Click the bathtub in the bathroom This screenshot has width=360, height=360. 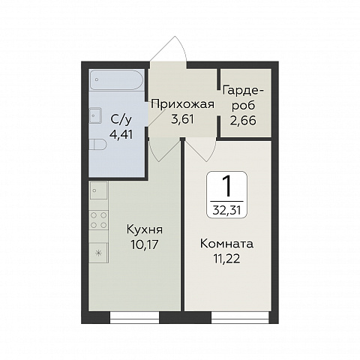[x=116, y=79]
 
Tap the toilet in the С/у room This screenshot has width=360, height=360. [x=97, y=145]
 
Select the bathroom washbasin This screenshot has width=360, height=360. [x=95, y=115]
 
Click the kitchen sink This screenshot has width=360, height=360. [x=99, y=190]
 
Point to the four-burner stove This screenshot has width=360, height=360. [x=99, y=220]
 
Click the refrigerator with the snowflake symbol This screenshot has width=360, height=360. [x=99, y=253]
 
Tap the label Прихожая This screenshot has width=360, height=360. [x=183, y=104]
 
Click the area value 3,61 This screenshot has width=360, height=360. [x=183, y=119]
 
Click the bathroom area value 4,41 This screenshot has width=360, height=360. [x=121, y=134]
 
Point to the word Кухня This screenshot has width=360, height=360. [x=145, y=229]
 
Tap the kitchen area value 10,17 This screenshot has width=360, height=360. [x=145, y=244]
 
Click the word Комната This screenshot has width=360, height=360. [x=226, y=244]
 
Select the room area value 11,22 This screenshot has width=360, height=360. [x=226, y=259]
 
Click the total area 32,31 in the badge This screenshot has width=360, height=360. [x=226, y=211]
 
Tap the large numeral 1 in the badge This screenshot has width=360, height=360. [x=227, y=186]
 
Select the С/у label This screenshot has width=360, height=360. [x=121, y=120]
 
